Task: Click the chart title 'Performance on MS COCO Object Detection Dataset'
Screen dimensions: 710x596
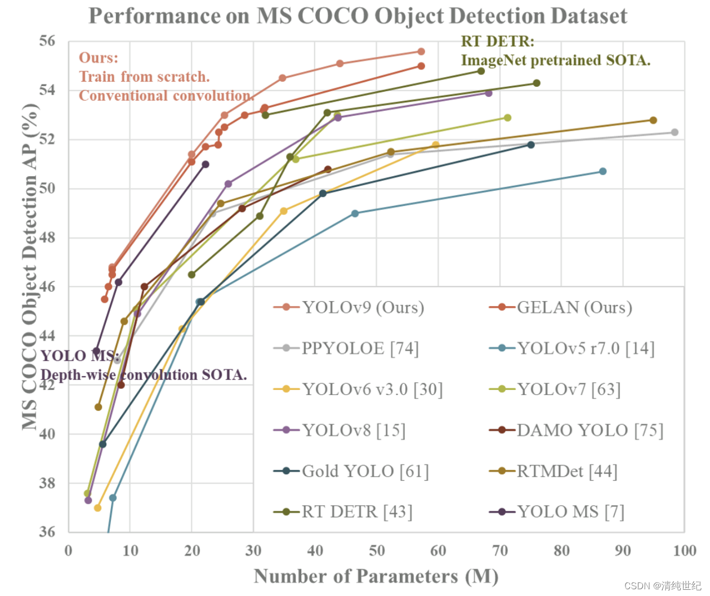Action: (x=358, y=16)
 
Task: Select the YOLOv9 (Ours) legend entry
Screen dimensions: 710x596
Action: (x=349, y=308)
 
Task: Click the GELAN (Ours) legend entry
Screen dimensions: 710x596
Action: (x=561, y=308)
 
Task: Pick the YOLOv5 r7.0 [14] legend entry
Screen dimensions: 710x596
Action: (x=571, y=348)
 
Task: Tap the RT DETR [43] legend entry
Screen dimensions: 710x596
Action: (x=343, y=512)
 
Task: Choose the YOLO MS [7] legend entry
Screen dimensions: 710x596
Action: (x=557, y=512)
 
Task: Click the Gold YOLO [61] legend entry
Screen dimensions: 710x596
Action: (x=351, y=471)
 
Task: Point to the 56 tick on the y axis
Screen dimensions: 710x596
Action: (x=47, y=41)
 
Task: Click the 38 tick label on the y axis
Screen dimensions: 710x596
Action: (x=47, y=483)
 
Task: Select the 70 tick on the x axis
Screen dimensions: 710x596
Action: (x=500, y=551)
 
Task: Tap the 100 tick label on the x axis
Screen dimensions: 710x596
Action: (x=685, y=551)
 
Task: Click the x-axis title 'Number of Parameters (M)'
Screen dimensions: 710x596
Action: (x=376, y=577)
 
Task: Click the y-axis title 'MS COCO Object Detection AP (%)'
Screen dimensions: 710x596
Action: (x=30, y=267)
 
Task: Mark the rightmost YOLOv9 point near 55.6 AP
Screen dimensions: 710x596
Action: (x=421, y=51)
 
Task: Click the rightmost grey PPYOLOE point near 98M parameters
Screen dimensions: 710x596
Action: (x=675, y=132)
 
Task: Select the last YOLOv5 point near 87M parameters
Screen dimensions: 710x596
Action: (x=602, y=171)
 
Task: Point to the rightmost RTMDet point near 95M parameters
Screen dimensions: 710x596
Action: (x=653, y=120)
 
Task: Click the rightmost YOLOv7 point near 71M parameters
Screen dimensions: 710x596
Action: (x=507, y=118)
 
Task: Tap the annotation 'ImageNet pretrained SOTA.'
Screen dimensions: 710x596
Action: (x=556, y=61)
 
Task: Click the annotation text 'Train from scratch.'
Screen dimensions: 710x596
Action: (x=144, y=77)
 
